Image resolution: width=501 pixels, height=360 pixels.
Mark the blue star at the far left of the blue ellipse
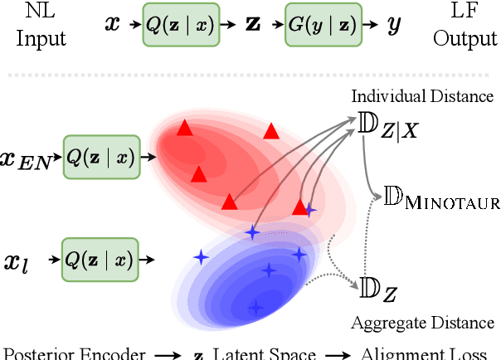[x=200, y=258]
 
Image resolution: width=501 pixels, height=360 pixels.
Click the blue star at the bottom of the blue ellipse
[x=255, y=308]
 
